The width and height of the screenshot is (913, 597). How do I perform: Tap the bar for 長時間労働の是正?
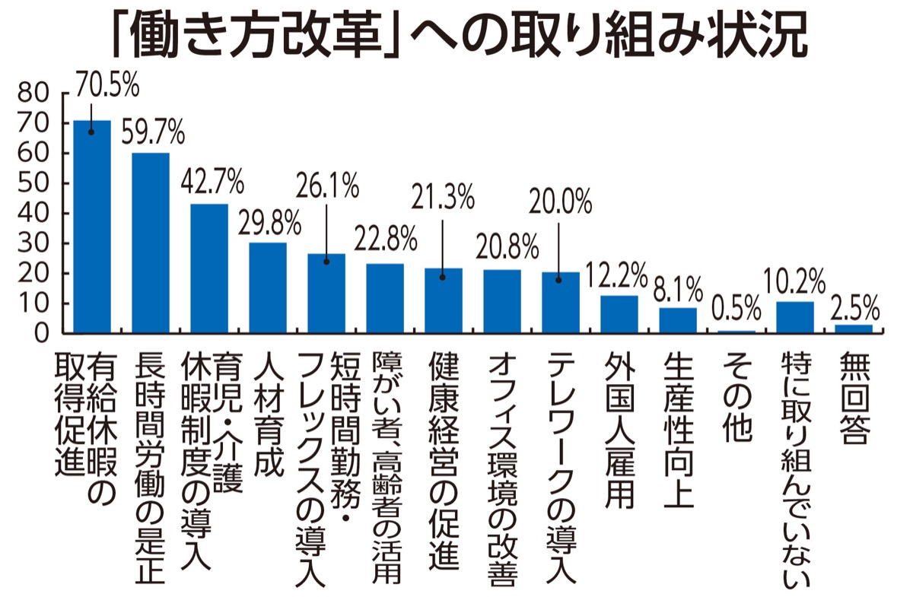pos(151,243)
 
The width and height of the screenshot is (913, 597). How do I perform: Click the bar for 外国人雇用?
pos(619,314)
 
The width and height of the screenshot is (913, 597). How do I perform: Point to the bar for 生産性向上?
pos(678,320)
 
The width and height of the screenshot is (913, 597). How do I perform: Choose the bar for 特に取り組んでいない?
pos(794,317)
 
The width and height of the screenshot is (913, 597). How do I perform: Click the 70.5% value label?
pos(106,84)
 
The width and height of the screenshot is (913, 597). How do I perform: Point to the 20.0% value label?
pos(560,201)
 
